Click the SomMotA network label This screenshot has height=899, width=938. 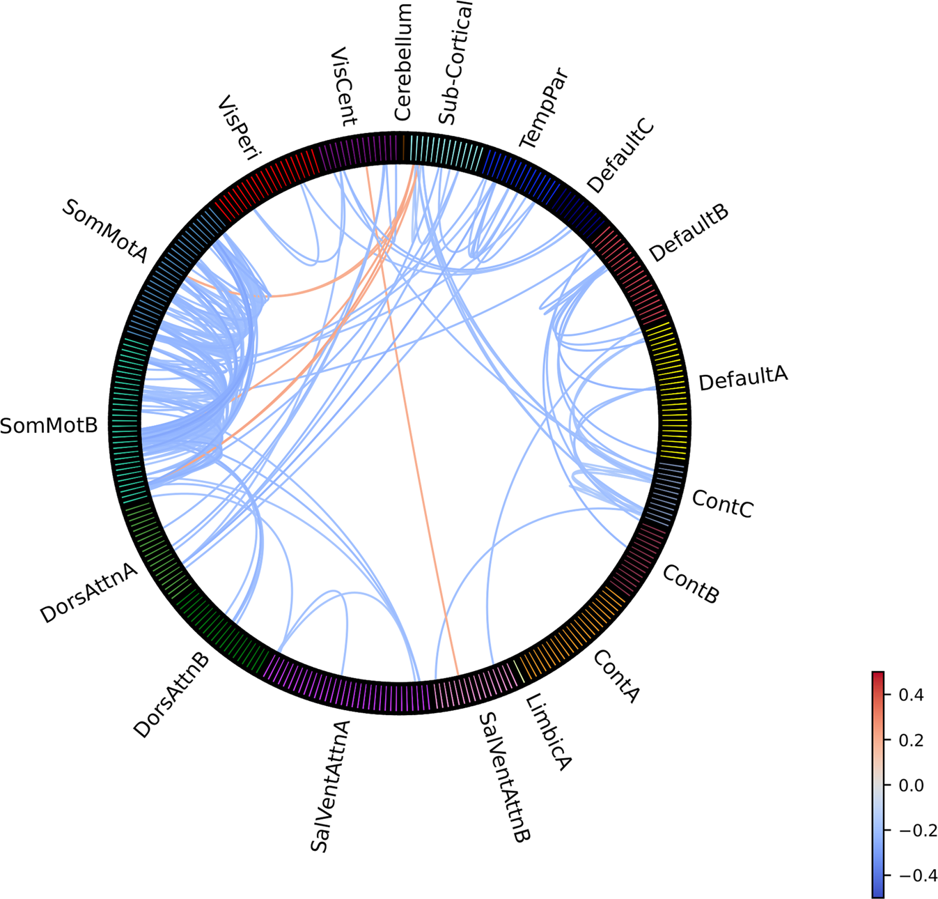pyautogui.click(x=104, y=231)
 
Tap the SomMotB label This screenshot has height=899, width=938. pyautogui.click(x=49, y=425)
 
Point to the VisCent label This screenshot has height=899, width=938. pyautogui.click(x=343, y=86)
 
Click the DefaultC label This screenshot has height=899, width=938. pyautogui.click(x=620, y=156)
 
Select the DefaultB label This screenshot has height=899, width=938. pyautogui.click(x=689, y=233)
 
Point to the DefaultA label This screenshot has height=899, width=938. pyautogui.click(x=743, y=378)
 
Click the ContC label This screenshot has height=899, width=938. pyautogui.click(x=723, y=503)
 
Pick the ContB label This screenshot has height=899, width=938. pyautogui.click(x=690, y=584)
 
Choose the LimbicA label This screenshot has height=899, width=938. pyautogui.click(x=548, y=732)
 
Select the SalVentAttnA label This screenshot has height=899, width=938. pyautogui.click(x=329, y=786)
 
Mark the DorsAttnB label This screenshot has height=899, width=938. pyautogui.click(x=171, y=695)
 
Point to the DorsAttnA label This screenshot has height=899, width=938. pyautogui.click(x=88, y=592)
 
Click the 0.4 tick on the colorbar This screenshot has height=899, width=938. pyautogui.click(x=909, y=695)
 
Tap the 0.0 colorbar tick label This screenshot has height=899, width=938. pyautogui.click(x=909, y=785)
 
